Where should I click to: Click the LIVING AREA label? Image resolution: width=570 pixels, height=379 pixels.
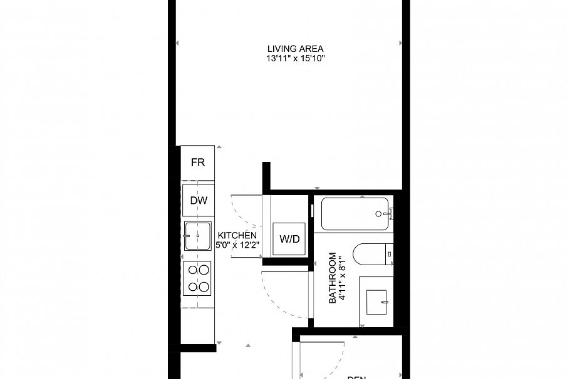[296, 49]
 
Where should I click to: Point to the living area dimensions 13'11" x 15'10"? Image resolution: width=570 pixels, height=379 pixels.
[296, 59]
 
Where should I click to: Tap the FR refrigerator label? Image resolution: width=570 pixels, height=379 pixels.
[198, 163]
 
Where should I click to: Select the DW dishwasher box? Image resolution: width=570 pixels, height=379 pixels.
[199, 200]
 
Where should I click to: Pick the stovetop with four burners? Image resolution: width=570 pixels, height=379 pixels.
[199, 278]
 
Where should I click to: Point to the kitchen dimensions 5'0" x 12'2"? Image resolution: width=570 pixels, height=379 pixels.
[237, 245]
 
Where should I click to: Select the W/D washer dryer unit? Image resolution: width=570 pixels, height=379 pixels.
[289, 238]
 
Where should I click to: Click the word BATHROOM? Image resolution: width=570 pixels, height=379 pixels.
[333, 278]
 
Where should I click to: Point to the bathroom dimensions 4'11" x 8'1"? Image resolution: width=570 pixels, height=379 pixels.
[342, 278]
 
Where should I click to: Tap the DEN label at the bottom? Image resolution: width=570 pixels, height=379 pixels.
[356, 376]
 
